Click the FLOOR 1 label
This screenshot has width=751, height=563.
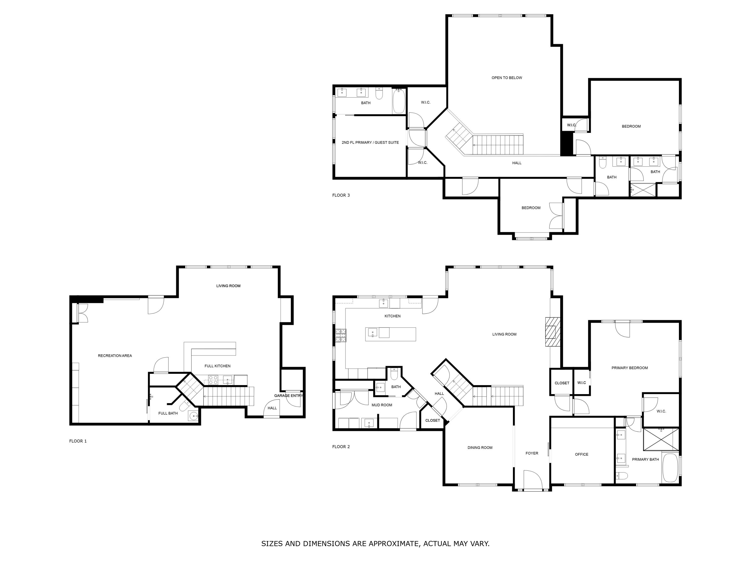click(78, 441)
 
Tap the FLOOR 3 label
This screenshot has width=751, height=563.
click(341, 195)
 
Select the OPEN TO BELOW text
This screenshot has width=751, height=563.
click(507, 78)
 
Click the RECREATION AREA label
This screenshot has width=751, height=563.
click(115, 356)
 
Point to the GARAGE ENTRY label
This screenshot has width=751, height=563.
click(288, 395)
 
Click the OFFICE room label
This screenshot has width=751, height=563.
click(581, 454)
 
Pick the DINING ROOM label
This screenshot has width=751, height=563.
click(480, 447)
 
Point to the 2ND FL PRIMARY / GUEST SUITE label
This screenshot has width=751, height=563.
click(370, 143)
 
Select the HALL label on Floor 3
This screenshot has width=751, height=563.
click(516, 163)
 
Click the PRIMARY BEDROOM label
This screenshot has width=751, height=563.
click(629, 368)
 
